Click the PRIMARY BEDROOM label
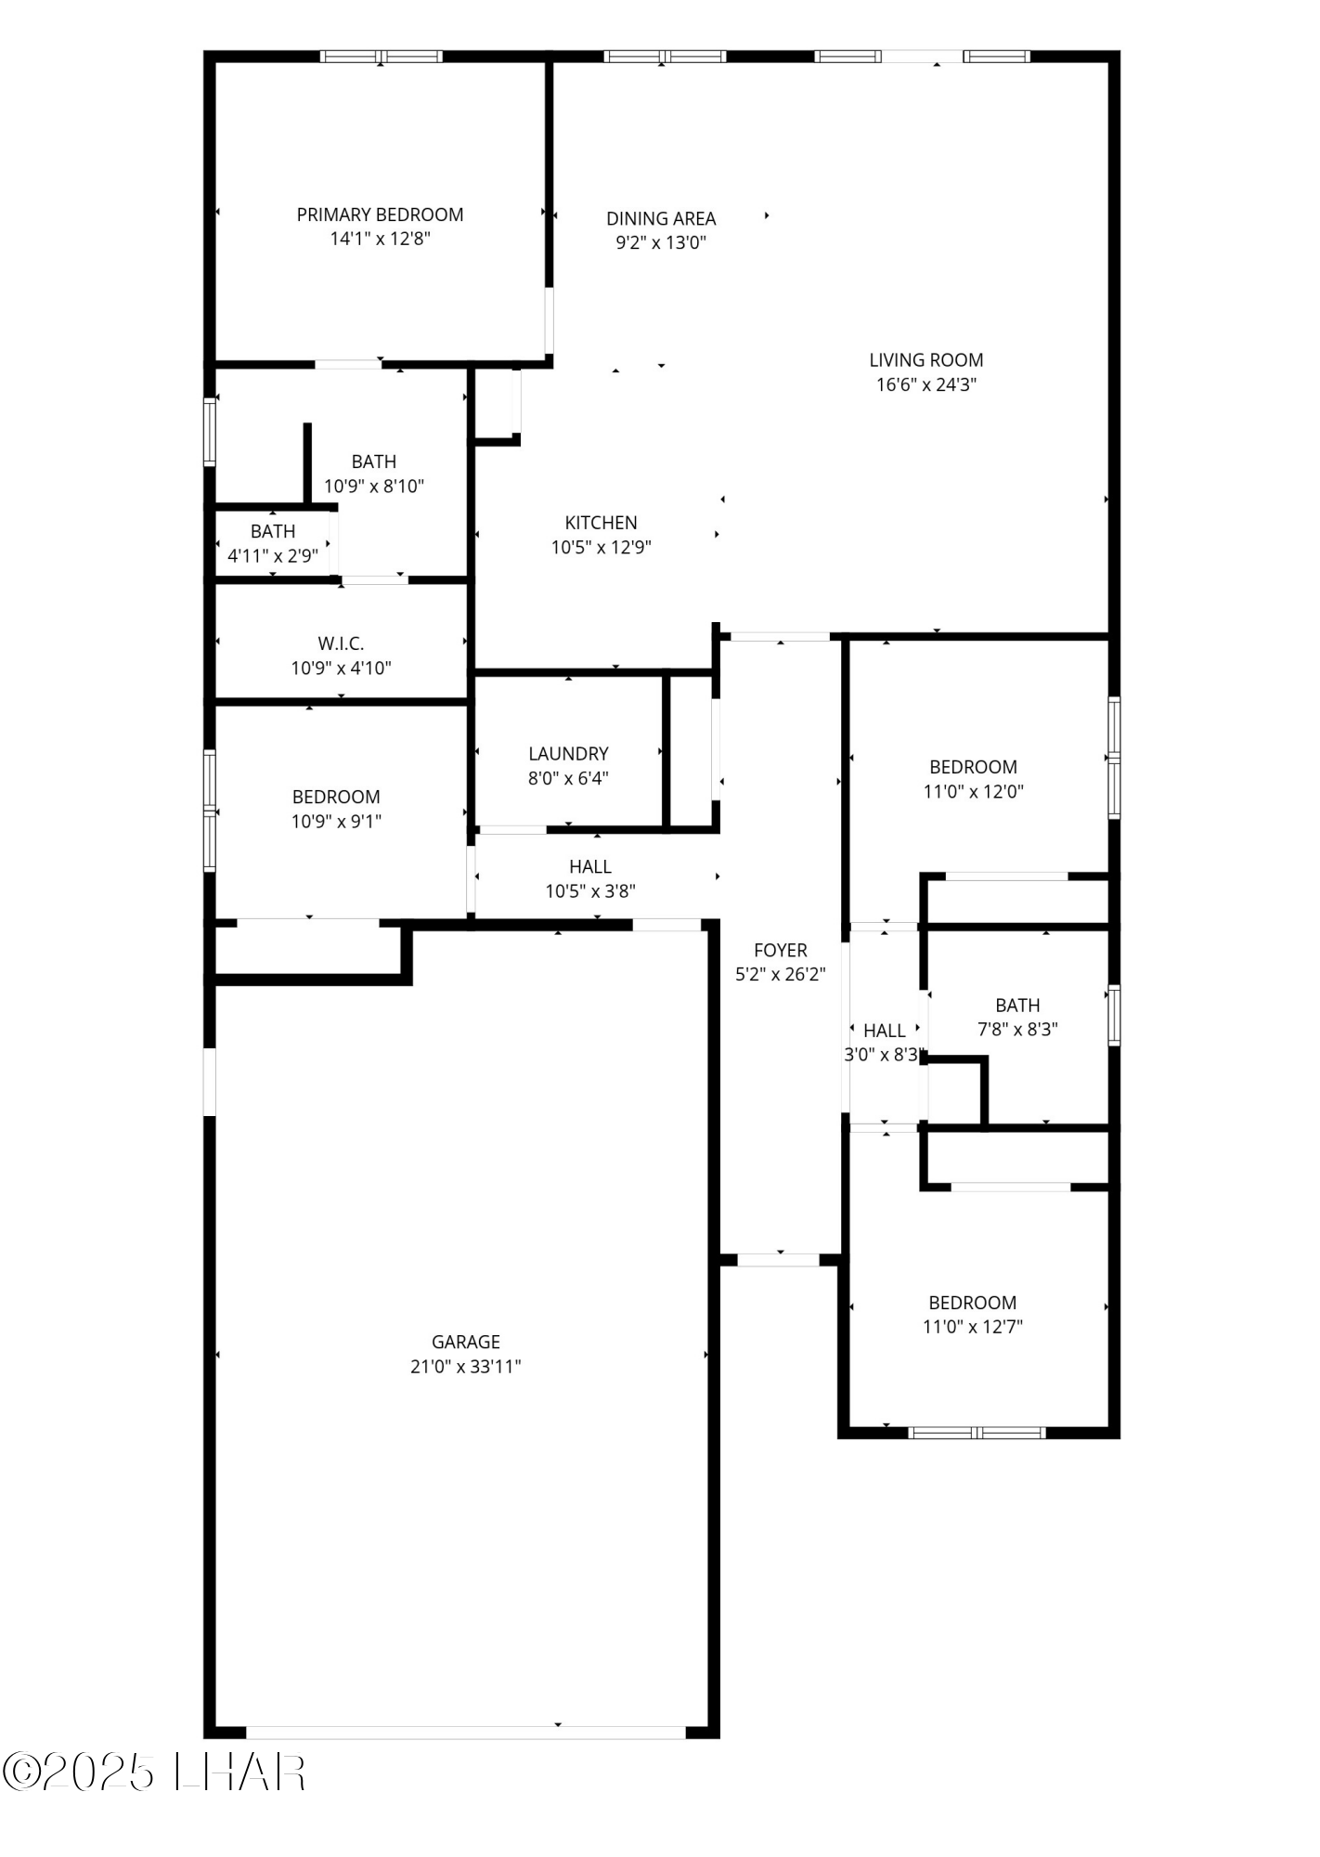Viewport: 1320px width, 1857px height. pos(380,214)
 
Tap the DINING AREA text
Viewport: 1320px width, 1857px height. pos(661,218)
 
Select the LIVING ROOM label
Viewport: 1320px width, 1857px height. pos(925,359)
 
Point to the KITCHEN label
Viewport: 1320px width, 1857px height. pos(601,523)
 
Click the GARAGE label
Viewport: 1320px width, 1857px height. pos(465,1342)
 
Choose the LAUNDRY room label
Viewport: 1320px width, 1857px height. pos(568,754)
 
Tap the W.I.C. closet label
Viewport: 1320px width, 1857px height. pos(341,643)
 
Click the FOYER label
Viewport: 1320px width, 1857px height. pos(780,950)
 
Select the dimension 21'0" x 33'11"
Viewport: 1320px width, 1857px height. pos(465,1367)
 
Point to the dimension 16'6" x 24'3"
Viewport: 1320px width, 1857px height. pos(925,384)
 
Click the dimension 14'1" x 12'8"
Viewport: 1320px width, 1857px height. pos(380,239)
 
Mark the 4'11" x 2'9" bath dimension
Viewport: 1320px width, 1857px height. pos(273,556)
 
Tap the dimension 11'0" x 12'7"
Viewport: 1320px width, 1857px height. pos(972,1327)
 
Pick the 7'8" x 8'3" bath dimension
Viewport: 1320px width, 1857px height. pos(1017,1029)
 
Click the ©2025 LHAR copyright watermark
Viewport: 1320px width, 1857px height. pos(154,1773)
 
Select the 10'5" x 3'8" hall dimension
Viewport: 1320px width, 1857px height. pos(589,891)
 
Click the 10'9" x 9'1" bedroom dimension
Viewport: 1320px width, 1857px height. pos(336,821)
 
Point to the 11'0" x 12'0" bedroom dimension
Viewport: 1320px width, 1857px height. pos(973,791)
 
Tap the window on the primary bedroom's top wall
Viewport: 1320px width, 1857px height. pos(382,57)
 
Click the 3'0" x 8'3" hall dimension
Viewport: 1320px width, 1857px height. pos(882,1055)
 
